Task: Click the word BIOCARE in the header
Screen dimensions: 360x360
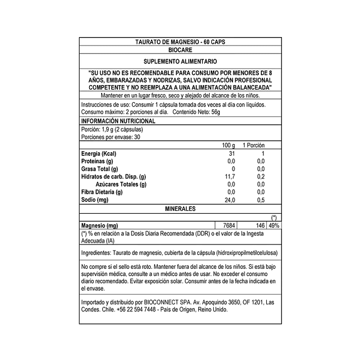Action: click(180, 51)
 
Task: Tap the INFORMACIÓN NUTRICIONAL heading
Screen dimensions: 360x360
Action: click(118, 121)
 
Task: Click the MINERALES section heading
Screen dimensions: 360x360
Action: click(180, 209)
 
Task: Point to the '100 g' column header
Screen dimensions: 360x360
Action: click(228, 145)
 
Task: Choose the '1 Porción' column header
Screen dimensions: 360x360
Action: click(253, 145)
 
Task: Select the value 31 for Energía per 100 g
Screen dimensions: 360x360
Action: click(231, 154)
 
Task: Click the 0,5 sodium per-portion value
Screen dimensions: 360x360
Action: click(260, 200)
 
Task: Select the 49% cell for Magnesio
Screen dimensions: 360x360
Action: click(274, 226)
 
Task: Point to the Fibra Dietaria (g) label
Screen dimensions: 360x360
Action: click(102, 192)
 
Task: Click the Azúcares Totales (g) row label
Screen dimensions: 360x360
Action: click(121, 185)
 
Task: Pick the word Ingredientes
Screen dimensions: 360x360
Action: click(96, 253)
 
